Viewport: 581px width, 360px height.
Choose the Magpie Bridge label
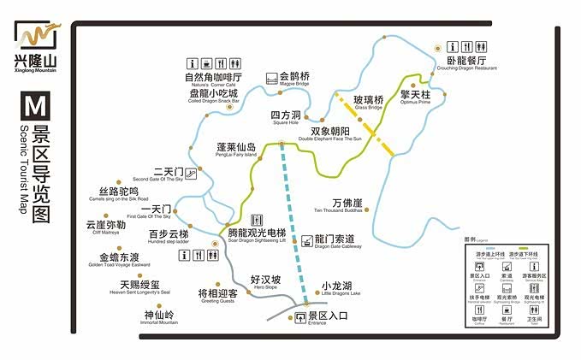point(294,80)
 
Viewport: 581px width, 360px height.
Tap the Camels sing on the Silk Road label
point(118,193)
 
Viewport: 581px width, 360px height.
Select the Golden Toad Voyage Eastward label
point(118,260)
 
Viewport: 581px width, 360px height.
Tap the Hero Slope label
point(265,283)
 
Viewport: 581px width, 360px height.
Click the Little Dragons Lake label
point(336,289)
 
